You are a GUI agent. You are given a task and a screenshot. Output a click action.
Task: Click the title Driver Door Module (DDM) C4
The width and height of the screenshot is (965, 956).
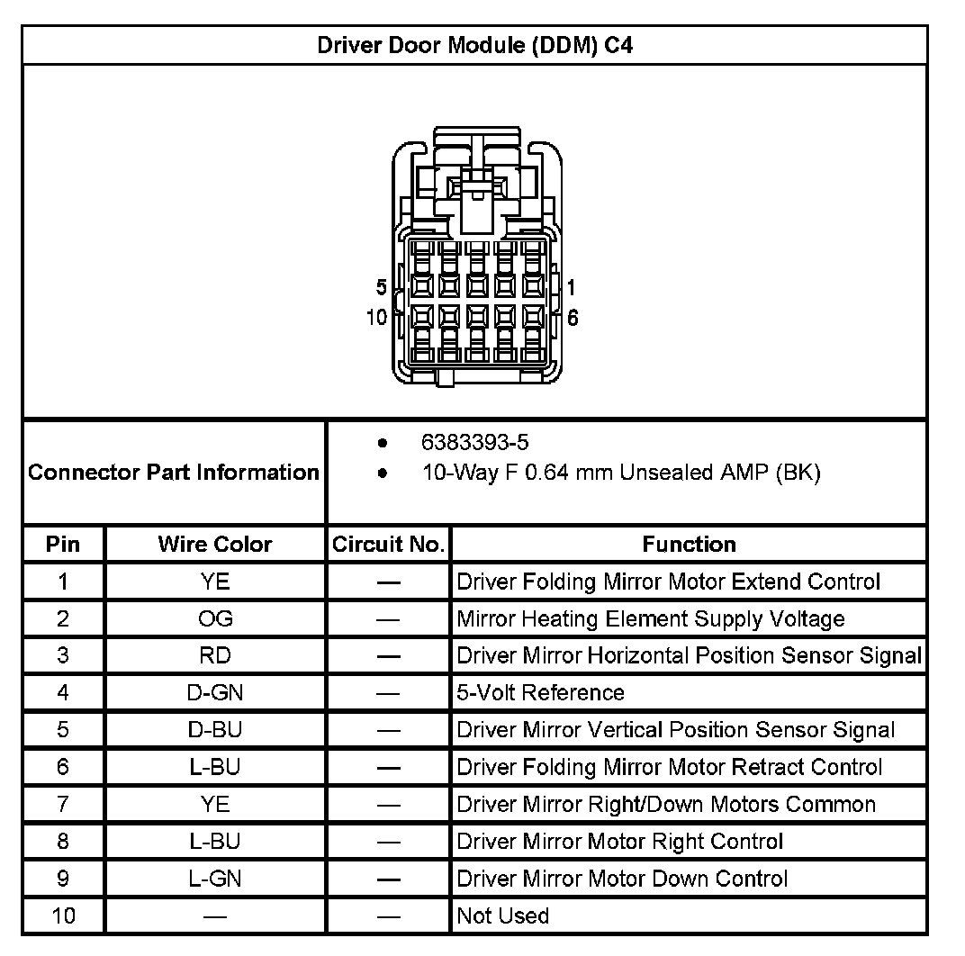click(x=474, y=46)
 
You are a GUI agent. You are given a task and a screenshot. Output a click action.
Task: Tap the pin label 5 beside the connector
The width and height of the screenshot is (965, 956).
click(x=382, y=287)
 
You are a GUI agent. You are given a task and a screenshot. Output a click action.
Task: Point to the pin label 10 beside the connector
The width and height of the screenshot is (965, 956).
click(x=376, y=317)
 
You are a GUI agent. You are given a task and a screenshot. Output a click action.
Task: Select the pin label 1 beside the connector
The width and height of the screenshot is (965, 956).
click(x=572, y=287)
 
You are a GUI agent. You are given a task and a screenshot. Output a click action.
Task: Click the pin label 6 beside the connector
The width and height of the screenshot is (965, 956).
click(x=573, y=318)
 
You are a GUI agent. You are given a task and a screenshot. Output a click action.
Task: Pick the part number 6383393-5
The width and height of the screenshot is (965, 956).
click(x=474, y=442)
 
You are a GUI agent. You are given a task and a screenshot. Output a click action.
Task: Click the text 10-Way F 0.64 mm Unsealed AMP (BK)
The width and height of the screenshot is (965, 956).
click(x=621, y=473)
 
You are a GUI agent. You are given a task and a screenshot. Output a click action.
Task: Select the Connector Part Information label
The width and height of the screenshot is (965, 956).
click(x=174, y=473)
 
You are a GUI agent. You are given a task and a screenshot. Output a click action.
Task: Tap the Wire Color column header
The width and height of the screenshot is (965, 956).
click(x=214, y=544)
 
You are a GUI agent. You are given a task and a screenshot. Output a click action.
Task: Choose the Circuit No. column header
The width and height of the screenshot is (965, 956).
click(x=388, y=544)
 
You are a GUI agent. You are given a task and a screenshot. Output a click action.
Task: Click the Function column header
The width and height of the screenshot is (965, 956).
click(x=689, y=544)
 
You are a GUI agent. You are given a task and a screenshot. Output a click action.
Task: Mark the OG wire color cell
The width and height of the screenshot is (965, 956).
click(x=214, y=618)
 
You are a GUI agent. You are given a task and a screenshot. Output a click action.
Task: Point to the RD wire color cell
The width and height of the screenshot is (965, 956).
click(x=214, y=655)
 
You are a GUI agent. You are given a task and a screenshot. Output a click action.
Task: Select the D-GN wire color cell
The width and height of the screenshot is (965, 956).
click(x=214, y=692)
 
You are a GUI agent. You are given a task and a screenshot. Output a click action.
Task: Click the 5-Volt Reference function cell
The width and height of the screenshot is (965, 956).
click(x=540, y=692)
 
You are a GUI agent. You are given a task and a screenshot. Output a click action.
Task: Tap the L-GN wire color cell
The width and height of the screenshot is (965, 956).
click(x=214, y=878)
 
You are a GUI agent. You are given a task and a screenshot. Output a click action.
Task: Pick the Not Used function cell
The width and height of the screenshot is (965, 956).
click(x=502, y=915)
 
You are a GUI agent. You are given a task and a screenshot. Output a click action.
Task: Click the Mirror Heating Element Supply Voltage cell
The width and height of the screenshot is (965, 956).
click(x=651, y=618)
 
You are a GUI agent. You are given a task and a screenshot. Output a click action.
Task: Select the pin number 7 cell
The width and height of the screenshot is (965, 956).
click(x=63, y=804)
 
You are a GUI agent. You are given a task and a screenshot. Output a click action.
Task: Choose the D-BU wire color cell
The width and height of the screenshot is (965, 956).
click(x=214, y=729)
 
